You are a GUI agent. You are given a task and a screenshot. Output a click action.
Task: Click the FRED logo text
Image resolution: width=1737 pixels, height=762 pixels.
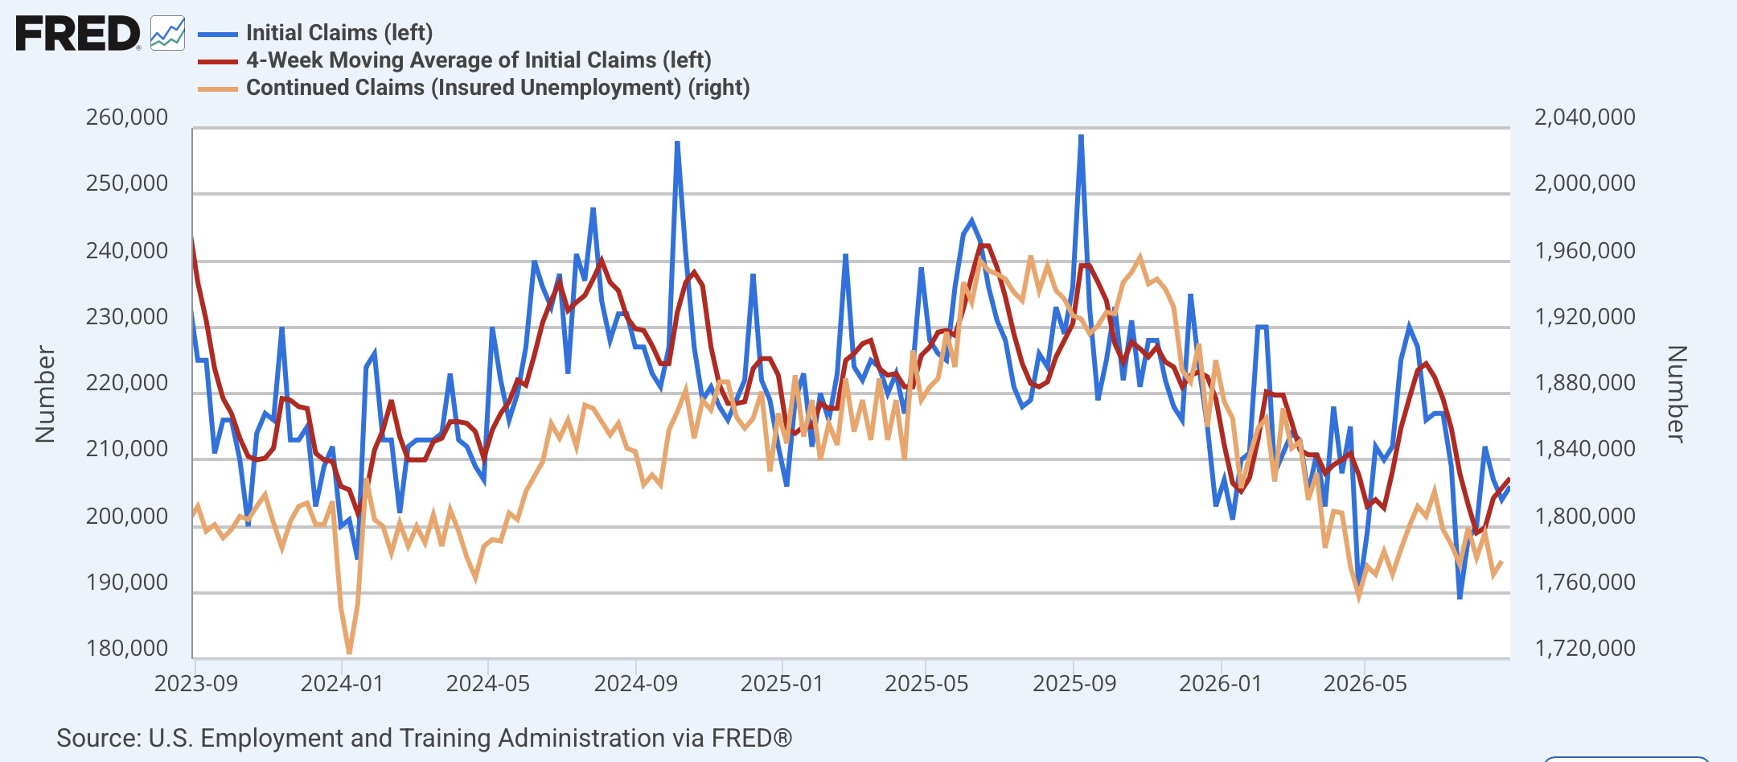(78, 35)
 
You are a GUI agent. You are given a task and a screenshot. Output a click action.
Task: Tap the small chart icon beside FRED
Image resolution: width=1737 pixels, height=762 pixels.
(167, 34)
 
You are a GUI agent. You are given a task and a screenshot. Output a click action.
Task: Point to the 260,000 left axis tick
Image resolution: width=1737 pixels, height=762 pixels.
(127, 117)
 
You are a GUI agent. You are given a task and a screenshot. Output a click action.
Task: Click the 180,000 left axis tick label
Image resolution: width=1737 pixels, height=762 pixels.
(127, 649)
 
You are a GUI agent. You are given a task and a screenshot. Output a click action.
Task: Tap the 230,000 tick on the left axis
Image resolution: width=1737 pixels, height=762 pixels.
(127, 317)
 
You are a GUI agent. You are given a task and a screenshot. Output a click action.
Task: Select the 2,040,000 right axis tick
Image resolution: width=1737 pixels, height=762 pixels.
(1585, 117)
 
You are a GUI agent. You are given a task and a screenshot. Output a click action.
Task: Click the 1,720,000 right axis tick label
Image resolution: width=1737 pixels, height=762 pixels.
(1585, 649)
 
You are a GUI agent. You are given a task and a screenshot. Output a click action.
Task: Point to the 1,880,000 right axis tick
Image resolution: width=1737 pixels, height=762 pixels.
(1585, 383)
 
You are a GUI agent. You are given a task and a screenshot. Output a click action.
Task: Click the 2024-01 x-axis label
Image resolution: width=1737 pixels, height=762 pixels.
(342, 684)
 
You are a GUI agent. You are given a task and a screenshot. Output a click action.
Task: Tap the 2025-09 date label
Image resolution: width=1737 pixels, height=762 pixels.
(1074, 684)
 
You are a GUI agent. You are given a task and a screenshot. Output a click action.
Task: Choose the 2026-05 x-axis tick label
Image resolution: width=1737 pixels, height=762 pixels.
(1365, 684)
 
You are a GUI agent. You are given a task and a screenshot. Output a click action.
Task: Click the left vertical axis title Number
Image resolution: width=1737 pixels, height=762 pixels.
(45, 394)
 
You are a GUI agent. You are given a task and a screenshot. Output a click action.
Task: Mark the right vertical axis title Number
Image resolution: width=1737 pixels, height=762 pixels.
(1676, 394)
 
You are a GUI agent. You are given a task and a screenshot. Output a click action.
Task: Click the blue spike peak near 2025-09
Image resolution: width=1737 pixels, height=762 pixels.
(1081, 136)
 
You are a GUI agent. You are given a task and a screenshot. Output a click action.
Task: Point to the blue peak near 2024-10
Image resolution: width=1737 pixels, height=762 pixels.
(678, 142)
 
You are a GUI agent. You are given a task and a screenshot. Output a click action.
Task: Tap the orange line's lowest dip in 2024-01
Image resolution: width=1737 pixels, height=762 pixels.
(349, 653)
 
